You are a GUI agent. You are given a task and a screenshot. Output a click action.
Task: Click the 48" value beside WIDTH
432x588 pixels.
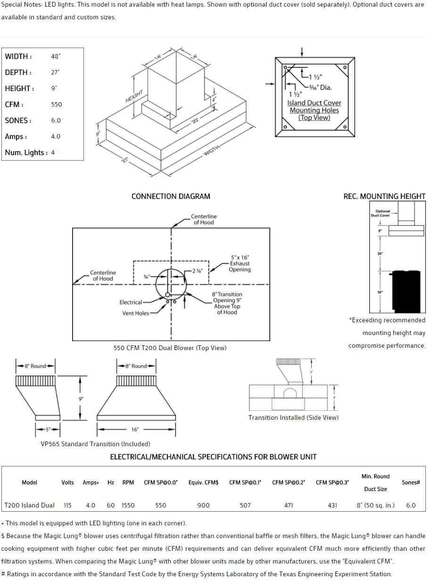56,57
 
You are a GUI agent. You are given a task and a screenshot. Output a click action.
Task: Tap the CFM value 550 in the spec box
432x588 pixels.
57,105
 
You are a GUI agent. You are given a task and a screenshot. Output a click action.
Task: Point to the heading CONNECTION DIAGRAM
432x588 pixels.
171,196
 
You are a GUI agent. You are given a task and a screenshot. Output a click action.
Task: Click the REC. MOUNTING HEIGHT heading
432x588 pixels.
384,196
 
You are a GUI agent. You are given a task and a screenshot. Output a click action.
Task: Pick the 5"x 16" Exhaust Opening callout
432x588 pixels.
240,264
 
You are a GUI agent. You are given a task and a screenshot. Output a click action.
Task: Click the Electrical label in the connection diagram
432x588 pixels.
131,302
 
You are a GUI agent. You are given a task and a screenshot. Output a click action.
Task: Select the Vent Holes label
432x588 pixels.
136,313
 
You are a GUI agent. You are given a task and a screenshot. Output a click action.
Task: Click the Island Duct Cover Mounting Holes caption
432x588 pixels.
315,110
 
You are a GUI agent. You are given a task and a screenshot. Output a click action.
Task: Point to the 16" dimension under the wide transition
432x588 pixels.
135,430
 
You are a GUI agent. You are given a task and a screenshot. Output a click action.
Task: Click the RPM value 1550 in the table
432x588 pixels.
128,506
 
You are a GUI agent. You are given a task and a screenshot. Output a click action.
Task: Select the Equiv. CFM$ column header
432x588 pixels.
204,482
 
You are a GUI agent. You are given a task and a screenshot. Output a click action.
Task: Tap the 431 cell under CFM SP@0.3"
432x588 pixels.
332,506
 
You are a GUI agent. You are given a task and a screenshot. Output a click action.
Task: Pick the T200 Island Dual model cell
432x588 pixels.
30,506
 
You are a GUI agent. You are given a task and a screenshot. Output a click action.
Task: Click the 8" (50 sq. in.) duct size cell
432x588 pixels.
375,506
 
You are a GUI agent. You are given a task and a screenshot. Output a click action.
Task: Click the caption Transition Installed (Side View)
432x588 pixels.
293,418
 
